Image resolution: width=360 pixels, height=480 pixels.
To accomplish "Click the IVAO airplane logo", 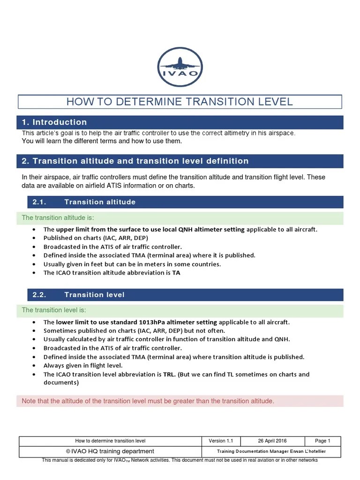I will (180, 67).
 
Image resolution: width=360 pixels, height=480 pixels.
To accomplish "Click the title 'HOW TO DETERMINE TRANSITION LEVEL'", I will (180, 102).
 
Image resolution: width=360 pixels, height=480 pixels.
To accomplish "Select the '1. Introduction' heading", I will (54, 122).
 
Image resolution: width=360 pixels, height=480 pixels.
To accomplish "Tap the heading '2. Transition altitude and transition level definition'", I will (135, 161).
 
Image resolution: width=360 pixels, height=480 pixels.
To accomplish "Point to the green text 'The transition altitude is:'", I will (58, 218).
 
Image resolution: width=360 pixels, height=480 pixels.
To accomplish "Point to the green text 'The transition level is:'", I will (54, 310).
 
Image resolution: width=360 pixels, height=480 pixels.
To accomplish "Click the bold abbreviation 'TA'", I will (176, 272).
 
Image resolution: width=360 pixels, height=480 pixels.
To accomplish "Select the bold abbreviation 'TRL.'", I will (169, 374).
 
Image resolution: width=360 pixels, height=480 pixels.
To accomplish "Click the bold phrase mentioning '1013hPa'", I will (136, 322).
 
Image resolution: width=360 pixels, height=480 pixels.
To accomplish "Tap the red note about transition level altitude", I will (148, 401).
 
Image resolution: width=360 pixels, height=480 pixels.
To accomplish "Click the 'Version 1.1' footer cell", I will (221, 441).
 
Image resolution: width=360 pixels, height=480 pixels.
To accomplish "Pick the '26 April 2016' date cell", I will (272, 441).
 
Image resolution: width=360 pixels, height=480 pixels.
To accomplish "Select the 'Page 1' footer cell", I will (322, 441).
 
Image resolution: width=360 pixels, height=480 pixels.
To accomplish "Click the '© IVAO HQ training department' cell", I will (110, 451).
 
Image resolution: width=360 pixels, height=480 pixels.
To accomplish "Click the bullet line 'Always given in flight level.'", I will (83, 365).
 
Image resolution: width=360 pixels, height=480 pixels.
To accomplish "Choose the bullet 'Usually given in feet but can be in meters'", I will (132, 264).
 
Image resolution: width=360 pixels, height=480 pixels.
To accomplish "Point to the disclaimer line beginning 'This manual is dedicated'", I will (180, 460).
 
